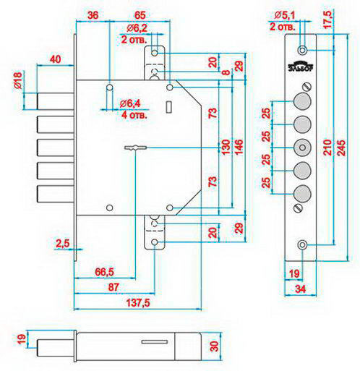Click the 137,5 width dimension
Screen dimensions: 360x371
coord(138,302)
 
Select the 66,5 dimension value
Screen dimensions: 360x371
coord(104,272)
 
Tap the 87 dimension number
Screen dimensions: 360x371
coord(113,287)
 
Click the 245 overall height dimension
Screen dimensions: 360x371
coord(341,148)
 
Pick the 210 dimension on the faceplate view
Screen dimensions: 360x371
coord(327,147)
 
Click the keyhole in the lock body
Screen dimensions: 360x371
coord(136,148)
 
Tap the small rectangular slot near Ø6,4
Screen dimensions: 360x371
coord(169,107)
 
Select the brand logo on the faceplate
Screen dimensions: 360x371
coord(301,66)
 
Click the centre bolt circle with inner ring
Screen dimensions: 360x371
coord(302,148)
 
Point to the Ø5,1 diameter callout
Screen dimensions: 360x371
coord(285,16)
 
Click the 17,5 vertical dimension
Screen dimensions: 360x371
coord(327,20)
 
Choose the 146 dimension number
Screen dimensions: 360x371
coord(239,148)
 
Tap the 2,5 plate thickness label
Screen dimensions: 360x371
coord(63,244)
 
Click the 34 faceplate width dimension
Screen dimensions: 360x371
coord(301,289)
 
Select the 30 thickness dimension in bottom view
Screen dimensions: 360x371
coord(214,346)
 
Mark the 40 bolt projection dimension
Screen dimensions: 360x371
coord(55,59)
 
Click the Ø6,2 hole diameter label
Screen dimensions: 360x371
coord(137,28)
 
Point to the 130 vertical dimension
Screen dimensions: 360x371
coord(225,148)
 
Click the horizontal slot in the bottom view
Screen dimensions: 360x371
coord(155,342)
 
